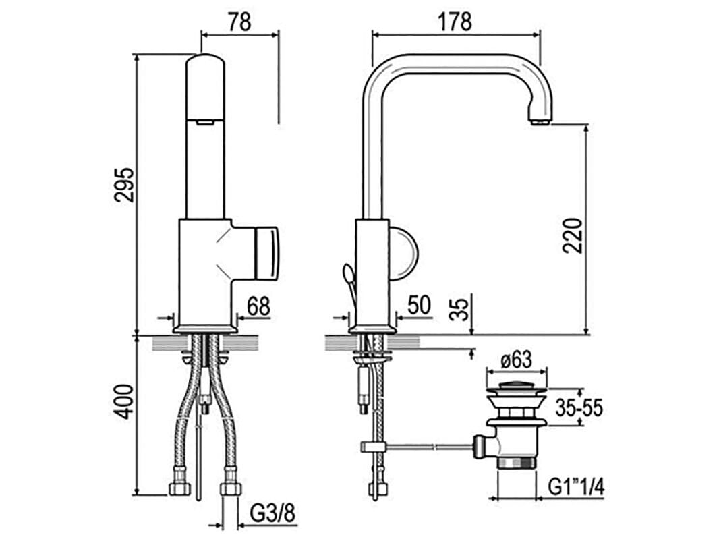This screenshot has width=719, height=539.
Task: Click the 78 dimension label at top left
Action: tap(239, 22)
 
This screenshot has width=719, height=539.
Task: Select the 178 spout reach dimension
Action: tap(455, 22)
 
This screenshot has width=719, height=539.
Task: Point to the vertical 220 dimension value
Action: tap(572, 234)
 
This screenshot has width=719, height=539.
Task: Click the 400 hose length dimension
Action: tap(124, 401)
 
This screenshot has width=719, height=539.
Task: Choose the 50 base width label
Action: tap(419, 306)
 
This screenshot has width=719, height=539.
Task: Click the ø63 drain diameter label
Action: tap(517, 360)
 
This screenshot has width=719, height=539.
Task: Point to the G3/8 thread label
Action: tap(272, 514)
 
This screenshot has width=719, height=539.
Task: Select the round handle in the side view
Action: tap(403, 254)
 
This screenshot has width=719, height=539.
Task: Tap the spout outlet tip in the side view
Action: tap(540, 121)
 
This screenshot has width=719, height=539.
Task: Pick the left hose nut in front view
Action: tap(179, 487)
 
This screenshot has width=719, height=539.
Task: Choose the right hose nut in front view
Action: tap(230, 487)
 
